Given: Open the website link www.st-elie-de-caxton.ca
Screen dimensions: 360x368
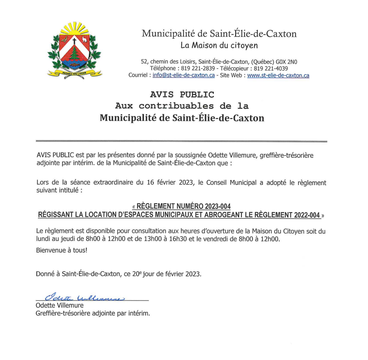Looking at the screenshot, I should (278, 75).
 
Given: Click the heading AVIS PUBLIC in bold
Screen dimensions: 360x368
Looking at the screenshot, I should (182, 95).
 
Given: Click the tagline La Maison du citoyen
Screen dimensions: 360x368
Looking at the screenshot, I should (219, 46).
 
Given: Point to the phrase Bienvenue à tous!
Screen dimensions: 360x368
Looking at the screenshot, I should (61, 250).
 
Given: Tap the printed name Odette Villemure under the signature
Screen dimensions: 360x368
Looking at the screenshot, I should (59, 306).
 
